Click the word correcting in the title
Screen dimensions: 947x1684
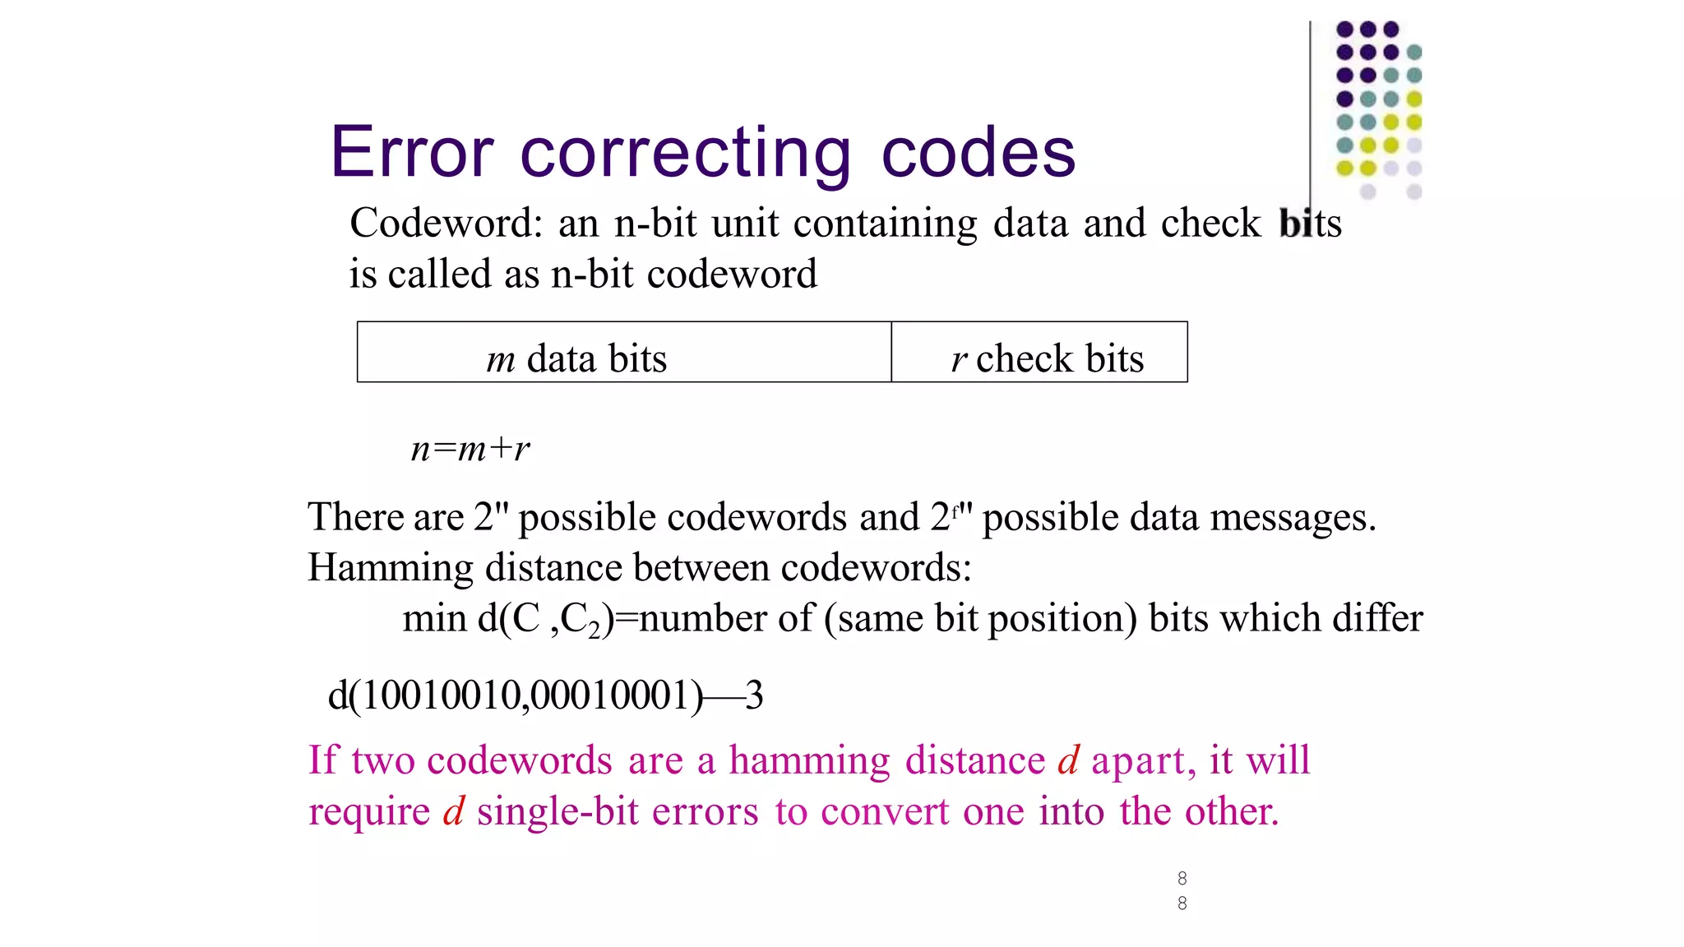[x=686, y=153]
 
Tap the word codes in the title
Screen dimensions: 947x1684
[x=978, y=153]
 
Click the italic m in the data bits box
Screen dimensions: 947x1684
[x=500, y=360]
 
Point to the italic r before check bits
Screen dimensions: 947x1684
[x=958, y=360]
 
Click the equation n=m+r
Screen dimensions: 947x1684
[x=470, y=449]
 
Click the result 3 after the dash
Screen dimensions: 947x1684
[x=754, y=695]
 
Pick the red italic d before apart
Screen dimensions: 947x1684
[x=1068, y=760]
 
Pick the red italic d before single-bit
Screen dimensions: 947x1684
[x=454, y=811]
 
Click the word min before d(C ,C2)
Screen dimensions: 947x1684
[x=433, y=618]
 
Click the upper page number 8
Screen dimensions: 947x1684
[x=1182, y=878]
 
